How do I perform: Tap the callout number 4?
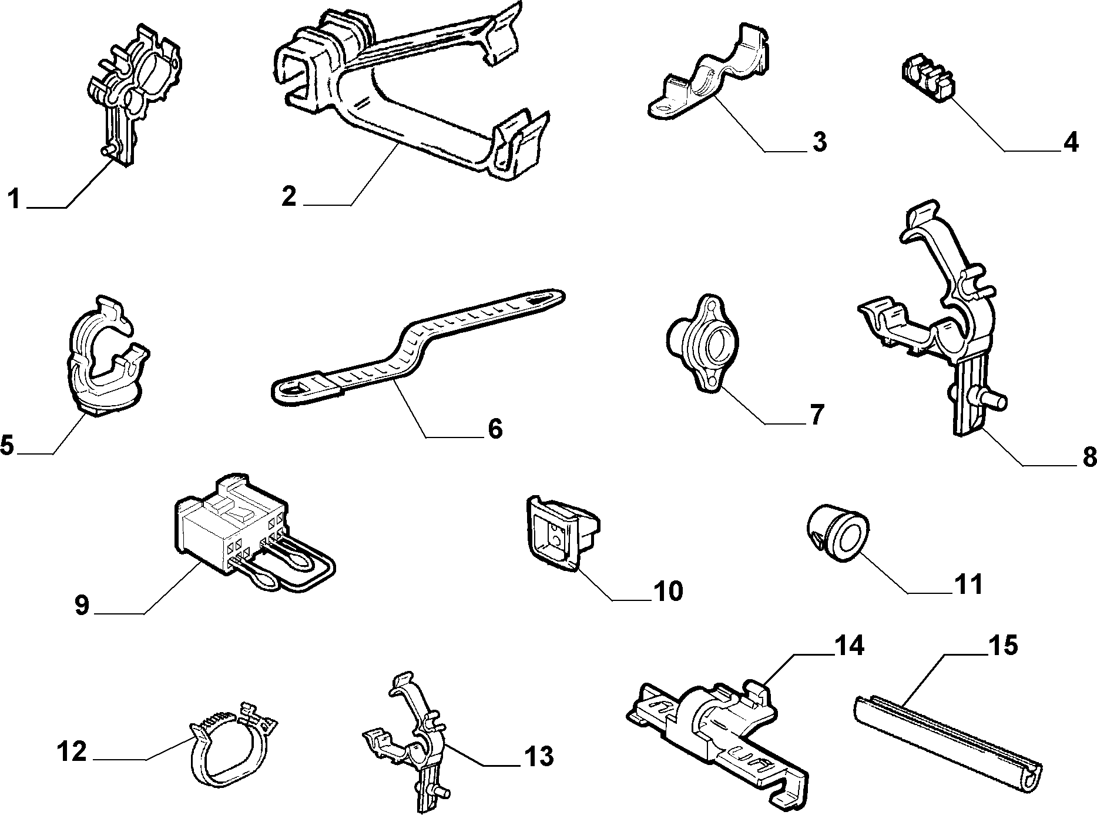pos(1071,142)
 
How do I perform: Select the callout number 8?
pos(1089,455)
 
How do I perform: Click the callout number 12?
pos(72,751)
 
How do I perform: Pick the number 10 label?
pos(667,591)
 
